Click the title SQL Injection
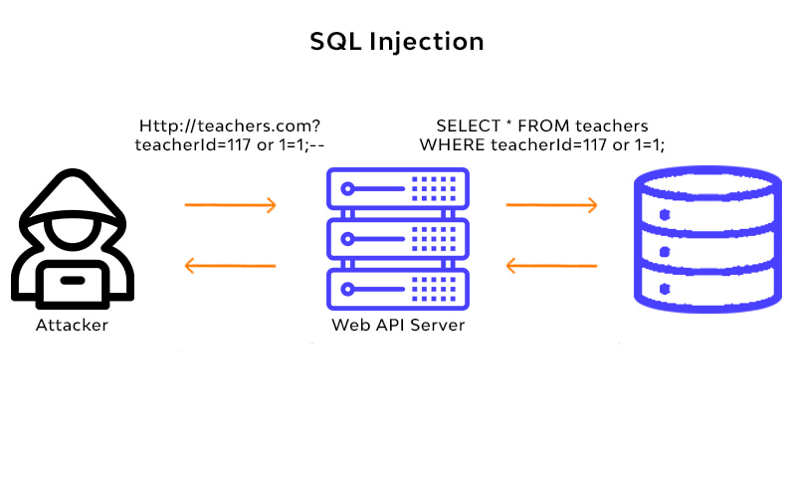tap(397, 42)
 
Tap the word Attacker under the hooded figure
tap(72, 326)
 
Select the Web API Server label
tap(398, 326)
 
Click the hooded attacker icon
tap(72, 244)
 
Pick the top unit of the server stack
tap(398, 188)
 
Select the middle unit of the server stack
tap(398, 239)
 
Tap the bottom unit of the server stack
tap(398, 289)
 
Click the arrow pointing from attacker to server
tap(230, 206)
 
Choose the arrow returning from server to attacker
tap(230, 266)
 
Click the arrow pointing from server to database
tap(551, 206)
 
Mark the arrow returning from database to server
tap(551, 266)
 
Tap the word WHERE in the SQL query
tap(451, 146)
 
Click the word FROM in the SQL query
tap(547, 126)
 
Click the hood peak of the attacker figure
tap(72, 179)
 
